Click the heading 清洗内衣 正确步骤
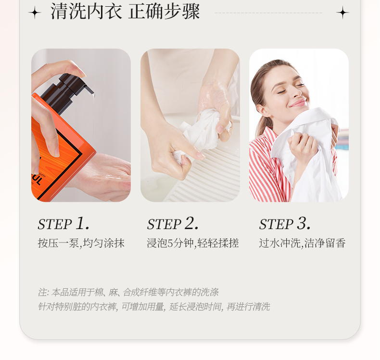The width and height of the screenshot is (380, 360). (x=125, y=12)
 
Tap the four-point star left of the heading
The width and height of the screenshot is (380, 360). (x=35, y=13)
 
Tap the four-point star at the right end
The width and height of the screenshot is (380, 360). (x=342, y=13)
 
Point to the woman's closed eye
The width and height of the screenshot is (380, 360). (x=281, y=91)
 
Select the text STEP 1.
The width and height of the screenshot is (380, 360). (x=63, y=223)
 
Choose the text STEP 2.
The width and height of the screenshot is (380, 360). (x=173, y=223)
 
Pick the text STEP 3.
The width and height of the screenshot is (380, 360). (x=285, y=223)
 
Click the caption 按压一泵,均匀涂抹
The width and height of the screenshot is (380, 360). (x=81, y=243)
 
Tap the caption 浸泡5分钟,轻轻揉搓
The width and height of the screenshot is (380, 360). (x=193, y=243)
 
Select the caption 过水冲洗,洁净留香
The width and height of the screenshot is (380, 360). (x=302, y=243)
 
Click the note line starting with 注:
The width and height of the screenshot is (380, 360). (x=128, y=292)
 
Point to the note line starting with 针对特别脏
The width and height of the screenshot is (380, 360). (x=154, y=307)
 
